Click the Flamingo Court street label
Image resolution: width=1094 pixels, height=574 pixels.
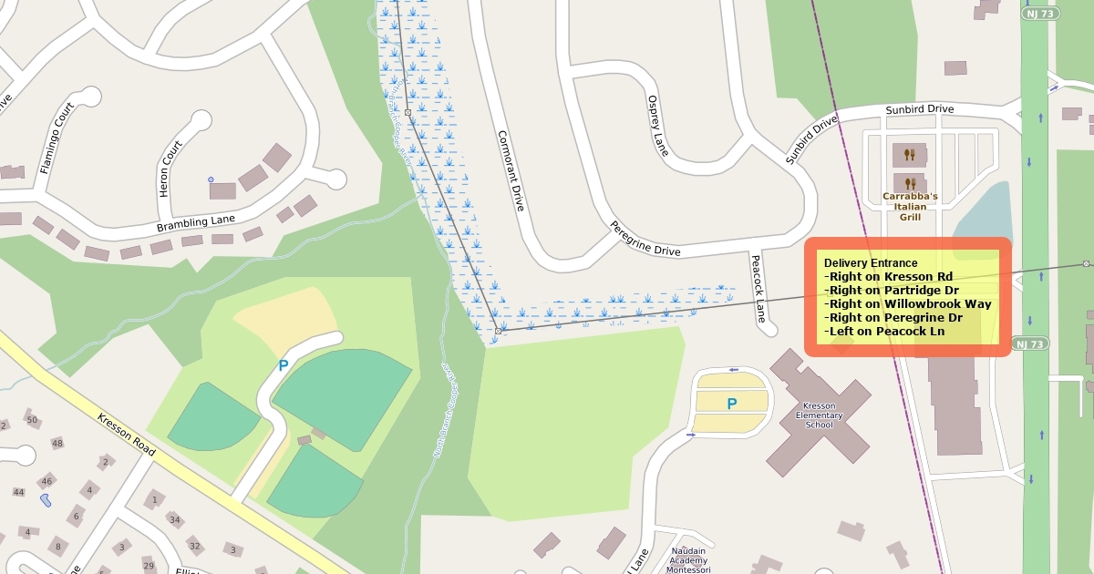[x=57, y=138]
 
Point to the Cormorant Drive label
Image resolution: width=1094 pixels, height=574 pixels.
[x=511, y=171]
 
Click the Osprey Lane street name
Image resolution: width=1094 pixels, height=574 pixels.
[x=657, y=125]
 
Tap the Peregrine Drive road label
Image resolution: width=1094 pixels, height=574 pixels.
[x=645, y=240]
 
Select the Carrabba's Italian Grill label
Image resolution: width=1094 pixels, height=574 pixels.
[x=904, y=207]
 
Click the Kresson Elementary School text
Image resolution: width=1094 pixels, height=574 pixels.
[x=819, y=415]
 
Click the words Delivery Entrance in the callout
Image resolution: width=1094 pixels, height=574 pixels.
[x=871, y=263]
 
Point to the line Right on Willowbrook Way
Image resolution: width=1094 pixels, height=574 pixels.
[x=908, y=304]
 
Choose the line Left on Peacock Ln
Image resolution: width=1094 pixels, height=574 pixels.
[x=884, y=332]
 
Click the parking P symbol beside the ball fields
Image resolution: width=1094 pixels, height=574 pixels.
[x=283, y=366]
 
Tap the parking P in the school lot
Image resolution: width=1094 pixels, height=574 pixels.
[x=731, y=404]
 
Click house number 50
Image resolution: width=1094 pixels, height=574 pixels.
[x=32, y=420]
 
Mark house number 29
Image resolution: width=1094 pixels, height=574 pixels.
[x=149, y=566]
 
